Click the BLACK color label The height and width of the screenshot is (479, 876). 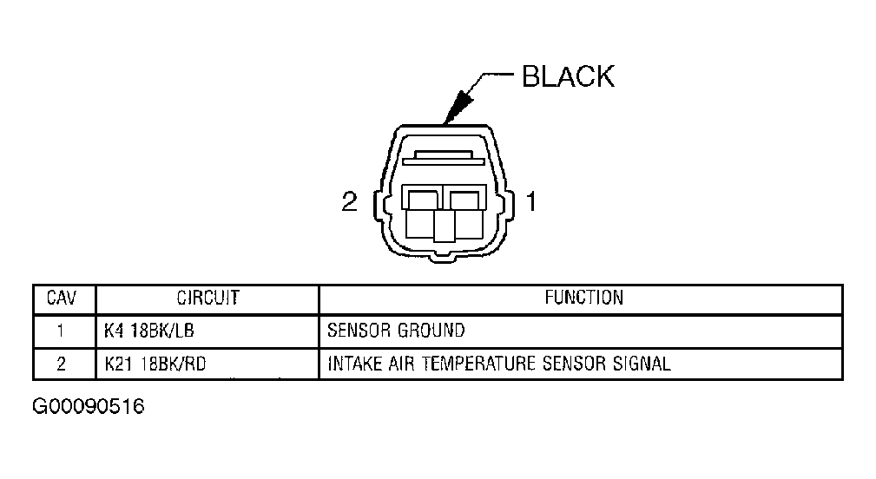(568, 76)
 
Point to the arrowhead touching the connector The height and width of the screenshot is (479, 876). (458, 108)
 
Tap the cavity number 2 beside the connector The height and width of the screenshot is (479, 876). (349, 201)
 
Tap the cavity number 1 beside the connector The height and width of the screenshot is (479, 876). (531, 201)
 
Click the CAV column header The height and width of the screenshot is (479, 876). (62, 299)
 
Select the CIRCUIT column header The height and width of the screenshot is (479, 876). (207, 299)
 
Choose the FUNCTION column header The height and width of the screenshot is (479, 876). (583, 298)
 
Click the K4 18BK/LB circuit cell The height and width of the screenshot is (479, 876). (149, 331)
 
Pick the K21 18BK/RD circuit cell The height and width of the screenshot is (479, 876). (155, 364)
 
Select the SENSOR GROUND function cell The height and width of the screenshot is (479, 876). (396, 331)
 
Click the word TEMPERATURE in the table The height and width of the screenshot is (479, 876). (478, 364)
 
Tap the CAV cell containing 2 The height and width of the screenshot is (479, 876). (61, 364)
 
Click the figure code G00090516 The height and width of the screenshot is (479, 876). (89, 406)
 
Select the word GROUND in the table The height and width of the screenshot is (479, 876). (431, 331)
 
